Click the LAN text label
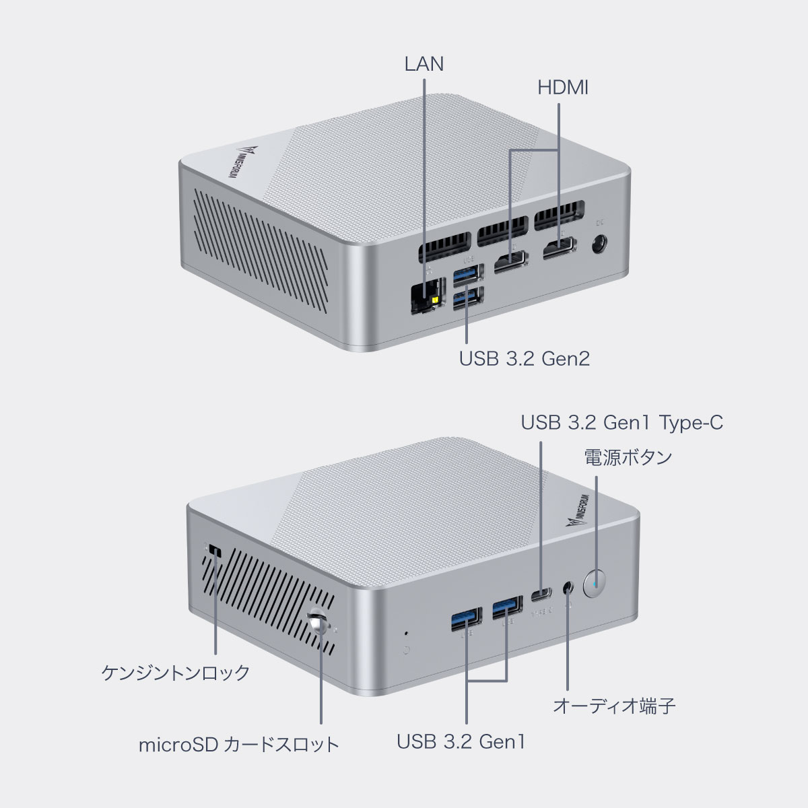tap(424, 64)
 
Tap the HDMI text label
tap(563, 88)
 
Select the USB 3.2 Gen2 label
tap(524, 358)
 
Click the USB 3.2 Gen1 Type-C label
tap(622, 423)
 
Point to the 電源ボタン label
tap(628, 457)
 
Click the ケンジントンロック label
tap(175, 672)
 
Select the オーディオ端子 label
tap(613, 706)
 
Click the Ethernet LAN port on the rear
tap(426, 296)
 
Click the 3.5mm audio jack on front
tap(569, 587)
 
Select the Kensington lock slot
tap(215, 551)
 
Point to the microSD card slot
tap(319, 624)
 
